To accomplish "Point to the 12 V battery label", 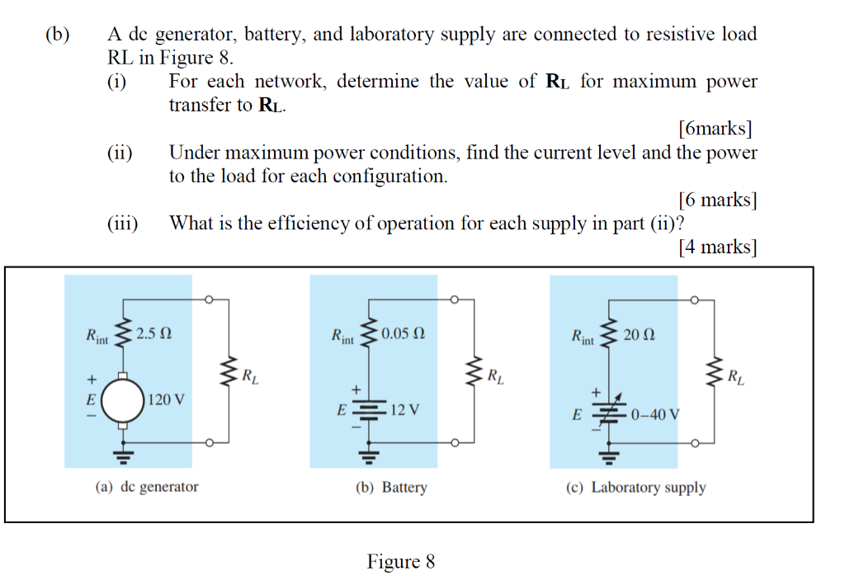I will (x=404, y=409).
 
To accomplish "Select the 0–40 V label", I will (x=654, y=414).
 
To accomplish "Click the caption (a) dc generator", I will (x=147, y=487).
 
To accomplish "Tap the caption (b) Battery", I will (x=391, y=487).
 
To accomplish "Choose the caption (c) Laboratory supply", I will (x=635, y=487).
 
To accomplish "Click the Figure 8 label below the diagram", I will (x=401, y=562).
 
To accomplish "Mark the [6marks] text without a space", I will (x=715, y=129).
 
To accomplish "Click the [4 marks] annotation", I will (x=716, y=247).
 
